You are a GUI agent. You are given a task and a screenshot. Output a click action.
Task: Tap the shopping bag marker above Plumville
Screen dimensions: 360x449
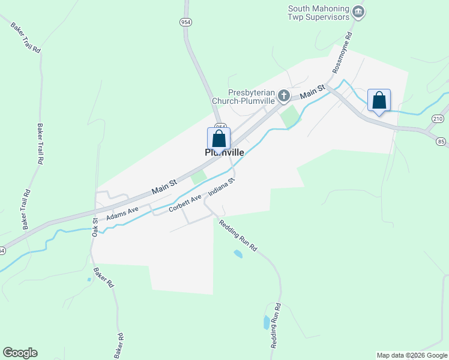click(219, 139)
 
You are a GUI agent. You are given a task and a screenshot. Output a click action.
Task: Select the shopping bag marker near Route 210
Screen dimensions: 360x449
click(379, 100)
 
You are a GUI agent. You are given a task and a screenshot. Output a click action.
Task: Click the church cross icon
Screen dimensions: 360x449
click(283, 96)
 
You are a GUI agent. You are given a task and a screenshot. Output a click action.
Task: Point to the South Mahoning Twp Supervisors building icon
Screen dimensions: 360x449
click(358, 11)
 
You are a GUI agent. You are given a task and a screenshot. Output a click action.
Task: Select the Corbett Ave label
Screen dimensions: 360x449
click(185, 202)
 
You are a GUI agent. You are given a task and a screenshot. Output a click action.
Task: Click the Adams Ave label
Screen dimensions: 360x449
click(122, 213)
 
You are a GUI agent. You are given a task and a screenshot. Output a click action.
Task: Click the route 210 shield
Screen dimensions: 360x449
click(437, 119)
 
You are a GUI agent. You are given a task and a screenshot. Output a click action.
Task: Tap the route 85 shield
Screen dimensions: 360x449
click(442, 142)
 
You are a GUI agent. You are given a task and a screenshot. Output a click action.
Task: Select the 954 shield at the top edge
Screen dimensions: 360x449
click(186, 22)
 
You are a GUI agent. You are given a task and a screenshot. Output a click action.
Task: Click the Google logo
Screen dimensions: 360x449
click(20, 353)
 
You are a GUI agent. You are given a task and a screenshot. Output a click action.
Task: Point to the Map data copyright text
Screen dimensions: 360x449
click(412, 355)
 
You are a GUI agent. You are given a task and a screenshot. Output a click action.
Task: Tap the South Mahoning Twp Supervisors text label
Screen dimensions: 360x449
click(318, 13)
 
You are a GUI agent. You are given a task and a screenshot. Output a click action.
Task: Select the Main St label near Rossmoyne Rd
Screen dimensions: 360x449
click(312, 92)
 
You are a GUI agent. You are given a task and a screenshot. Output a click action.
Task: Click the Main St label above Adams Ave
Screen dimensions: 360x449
click(164, 186)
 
